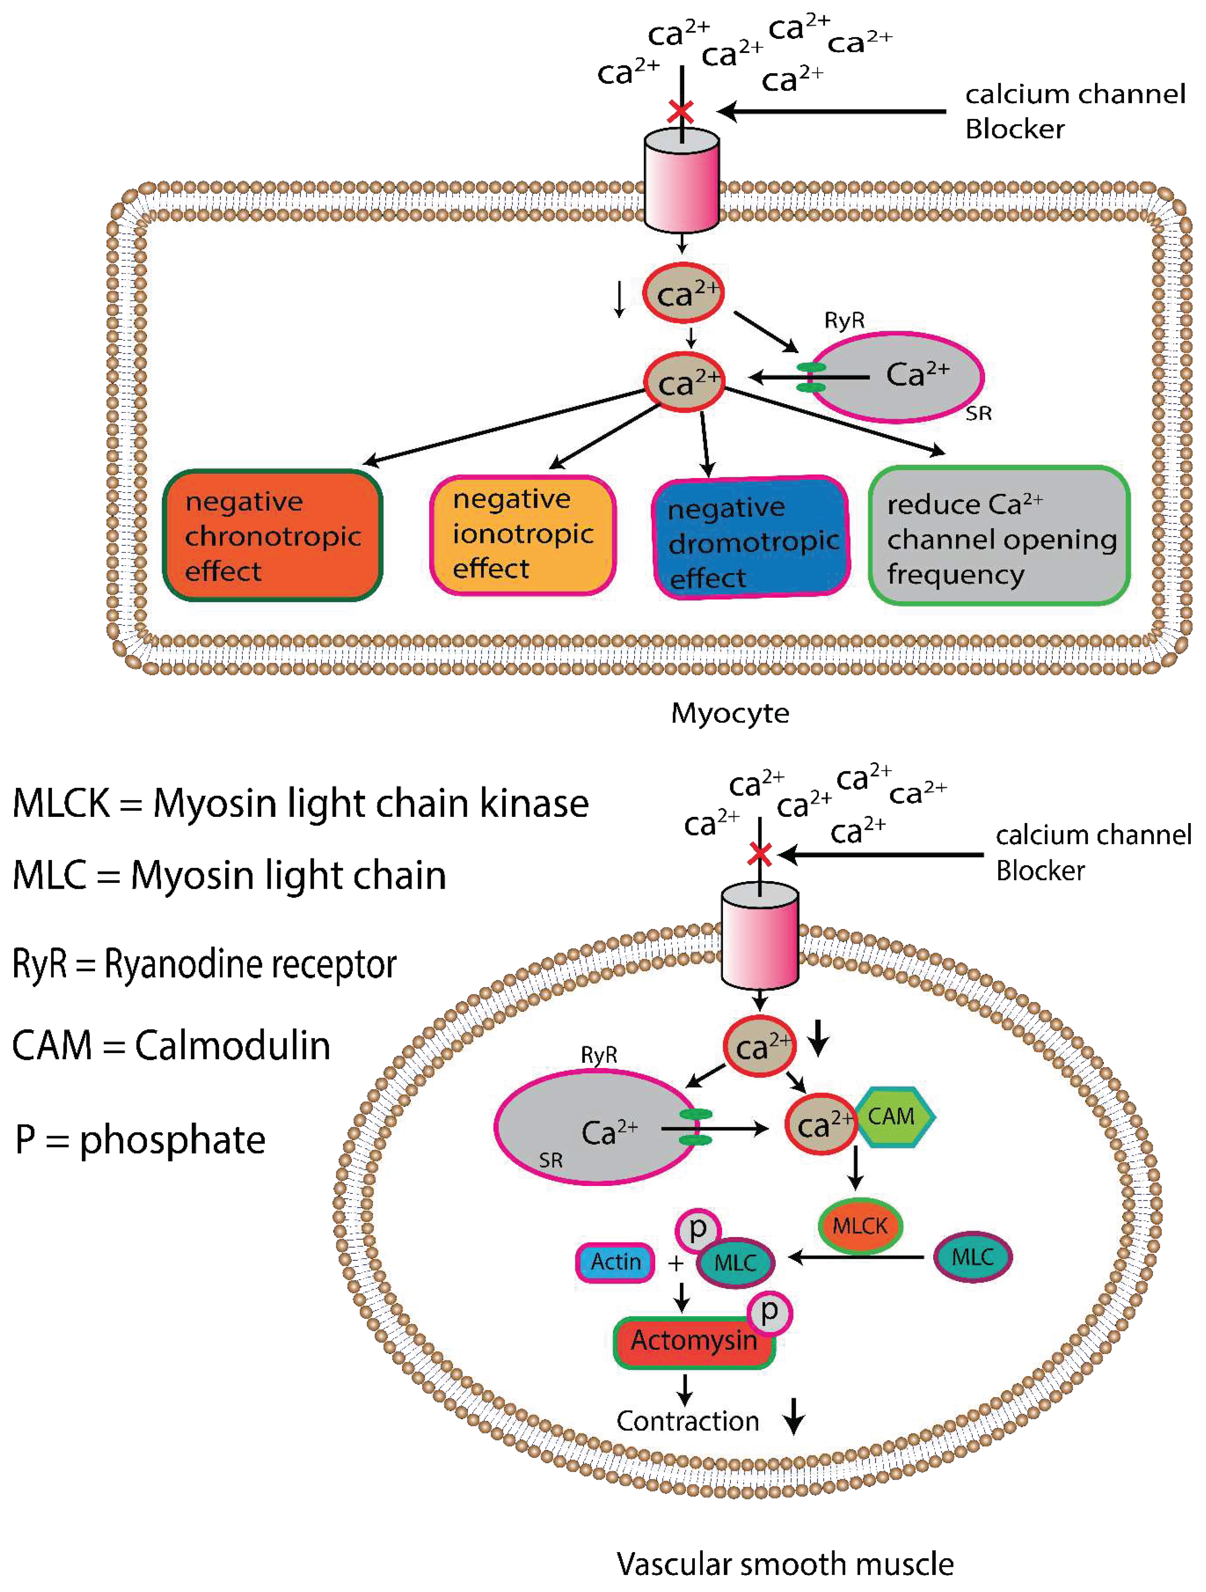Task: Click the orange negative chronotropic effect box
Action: tap(272, 535)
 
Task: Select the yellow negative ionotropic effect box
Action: tap(522, 535)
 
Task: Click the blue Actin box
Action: tap(615, 1262)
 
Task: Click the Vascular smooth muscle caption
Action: tap(784, 1564)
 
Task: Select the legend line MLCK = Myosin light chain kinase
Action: tap(301, 803)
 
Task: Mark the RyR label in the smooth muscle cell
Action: tap(599, 1055)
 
